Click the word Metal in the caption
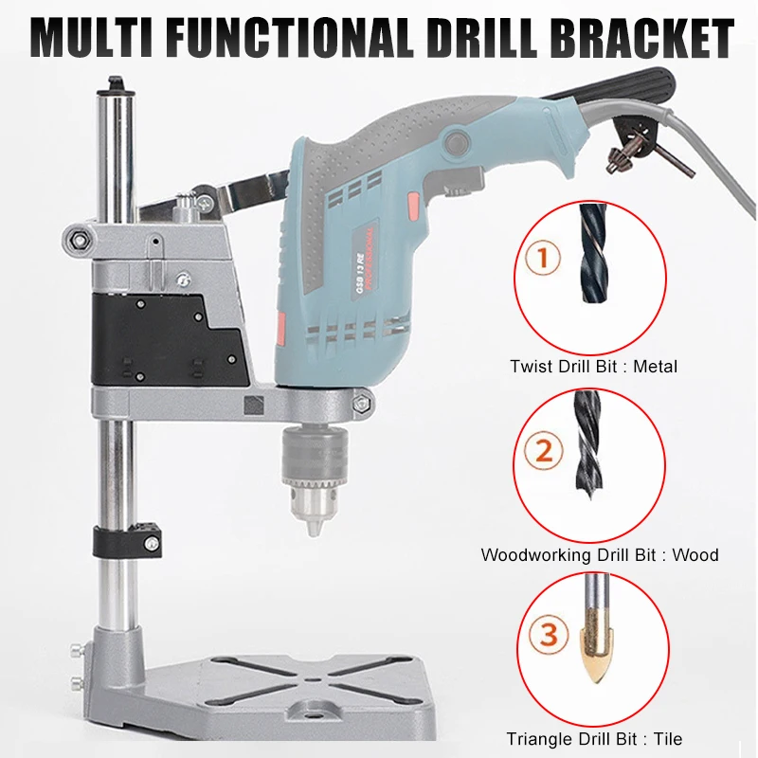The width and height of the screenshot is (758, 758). (657, 366)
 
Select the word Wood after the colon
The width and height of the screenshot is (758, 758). (695, 554)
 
